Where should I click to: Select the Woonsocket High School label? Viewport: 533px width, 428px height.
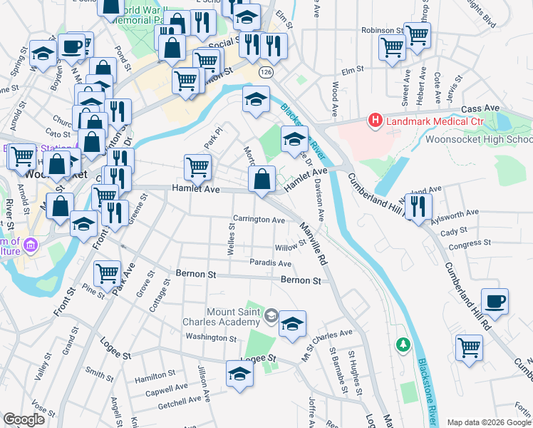(x=479, y=140)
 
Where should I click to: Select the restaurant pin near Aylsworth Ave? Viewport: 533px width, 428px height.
(x=418, y=205)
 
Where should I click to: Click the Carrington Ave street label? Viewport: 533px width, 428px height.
(x=259, y=220)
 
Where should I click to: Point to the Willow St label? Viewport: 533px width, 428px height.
(x=290, y=245)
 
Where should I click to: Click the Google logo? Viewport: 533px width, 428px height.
(x=24, y=419)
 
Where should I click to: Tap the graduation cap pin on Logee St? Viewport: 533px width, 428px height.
(x=239, y=373)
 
